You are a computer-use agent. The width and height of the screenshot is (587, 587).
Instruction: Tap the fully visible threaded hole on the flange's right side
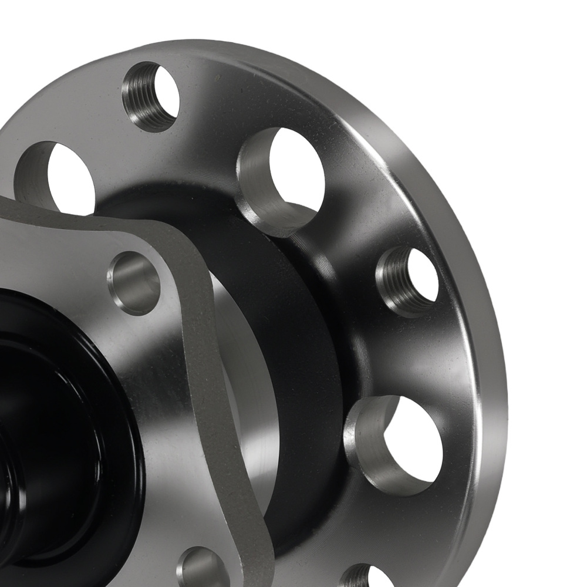coord(407,281)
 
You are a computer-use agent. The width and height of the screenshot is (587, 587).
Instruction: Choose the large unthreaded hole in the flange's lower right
coord(394,443)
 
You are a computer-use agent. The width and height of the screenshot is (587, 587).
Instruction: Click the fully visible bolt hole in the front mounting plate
coord(134,282)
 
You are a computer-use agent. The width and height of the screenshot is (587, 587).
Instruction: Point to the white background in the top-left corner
coord(23,23)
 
